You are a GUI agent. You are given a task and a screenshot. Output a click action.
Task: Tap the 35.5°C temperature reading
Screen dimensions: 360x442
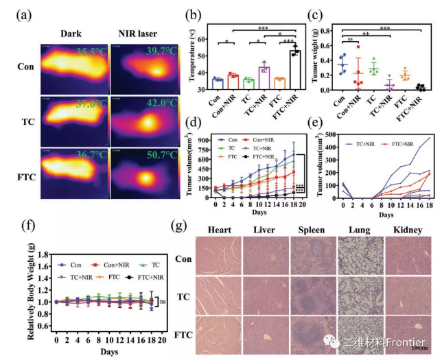click(x=91, y=51)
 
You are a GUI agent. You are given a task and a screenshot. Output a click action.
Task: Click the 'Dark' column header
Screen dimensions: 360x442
click(x=71, y=32)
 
